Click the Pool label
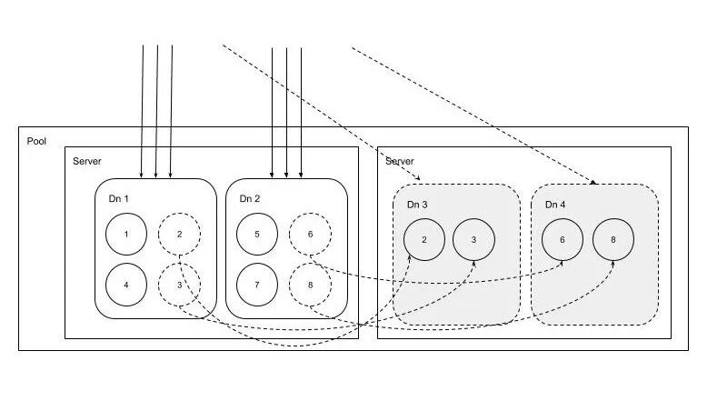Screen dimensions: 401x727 click(x=36, y=142)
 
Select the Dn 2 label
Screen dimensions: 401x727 click(x=250, y=198)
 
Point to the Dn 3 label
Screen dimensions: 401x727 click(x=418, y=205)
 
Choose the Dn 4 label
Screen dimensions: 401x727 click(x=555, y=205)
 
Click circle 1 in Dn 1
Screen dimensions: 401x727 click(x=126, y=235)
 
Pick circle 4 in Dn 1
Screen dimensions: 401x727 click(x=126, y=285)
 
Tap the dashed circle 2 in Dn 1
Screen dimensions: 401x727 click(x=179, y=235)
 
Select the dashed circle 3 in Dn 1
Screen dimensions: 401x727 click(x=179, y=285)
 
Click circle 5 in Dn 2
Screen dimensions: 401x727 click(x=257, y=235)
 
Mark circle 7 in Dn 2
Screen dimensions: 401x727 click(x=257, y=285)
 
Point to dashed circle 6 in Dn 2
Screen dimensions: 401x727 click(x=310, y=235)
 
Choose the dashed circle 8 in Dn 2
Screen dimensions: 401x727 click(x=310, y=285)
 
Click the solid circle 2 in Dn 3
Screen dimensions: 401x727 click(x=424, y=240)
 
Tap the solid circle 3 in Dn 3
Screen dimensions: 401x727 click(x=474, y=240)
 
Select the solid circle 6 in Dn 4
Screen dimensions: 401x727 click(x=563, y=240)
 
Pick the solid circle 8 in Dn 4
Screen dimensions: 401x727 click(x=613, y=240)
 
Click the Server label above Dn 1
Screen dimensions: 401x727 click(x=87, y=161)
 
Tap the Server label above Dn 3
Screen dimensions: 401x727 click(x=399, y=161)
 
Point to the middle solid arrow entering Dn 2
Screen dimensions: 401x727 click(x=286, y=109)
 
